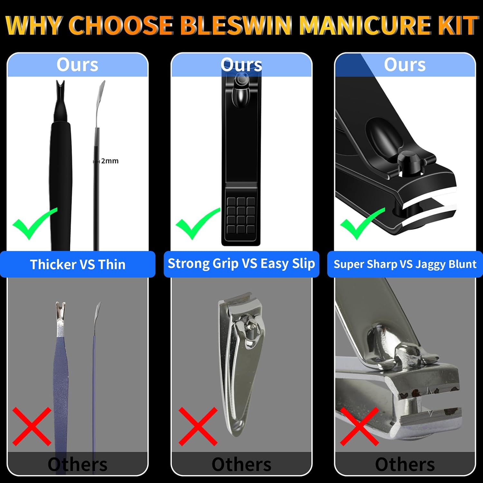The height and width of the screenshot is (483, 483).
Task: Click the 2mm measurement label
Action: (110, 161)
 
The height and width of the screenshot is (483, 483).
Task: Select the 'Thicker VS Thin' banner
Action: (78, 264)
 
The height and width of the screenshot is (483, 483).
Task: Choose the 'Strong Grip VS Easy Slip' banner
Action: (241, 264)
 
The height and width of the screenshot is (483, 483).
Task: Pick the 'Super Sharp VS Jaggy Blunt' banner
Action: (405, 264)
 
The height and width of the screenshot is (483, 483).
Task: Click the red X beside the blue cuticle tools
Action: (32, 426)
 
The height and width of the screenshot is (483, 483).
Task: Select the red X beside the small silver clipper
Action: (198, 426)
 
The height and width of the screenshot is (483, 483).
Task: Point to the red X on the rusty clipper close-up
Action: (359, 426)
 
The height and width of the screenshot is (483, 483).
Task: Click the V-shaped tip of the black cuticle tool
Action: (60, 87)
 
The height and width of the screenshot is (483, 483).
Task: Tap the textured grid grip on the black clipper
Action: (241, 215)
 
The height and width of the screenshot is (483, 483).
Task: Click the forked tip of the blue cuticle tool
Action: (61, 309)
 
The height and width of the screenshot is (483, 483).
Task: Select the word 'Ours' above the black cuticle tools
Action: (77, 65)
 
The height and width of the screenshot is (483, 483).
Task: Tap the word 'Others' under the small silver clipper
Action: (241, 465)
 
